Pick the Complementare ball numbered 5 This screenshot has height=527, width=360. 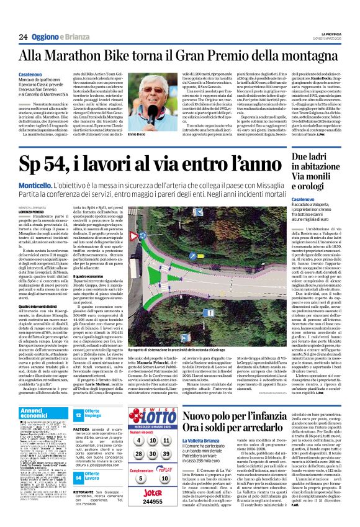coord(138,479)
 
